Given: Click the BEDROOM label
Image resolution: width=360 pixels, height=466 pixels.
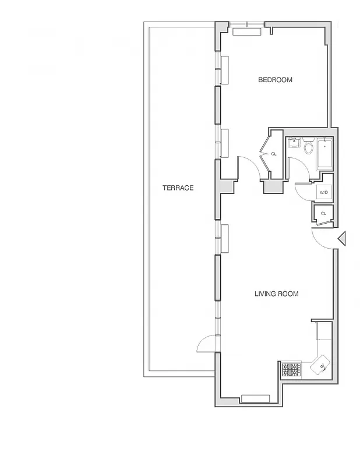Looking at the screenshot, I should click(275, 80).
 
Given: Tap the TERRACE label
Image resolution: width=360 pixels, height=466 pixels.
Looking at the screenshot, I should click(178, 188).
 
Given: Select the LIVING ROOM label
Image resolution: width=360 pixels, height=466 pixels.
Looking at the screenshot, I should click(276, 294).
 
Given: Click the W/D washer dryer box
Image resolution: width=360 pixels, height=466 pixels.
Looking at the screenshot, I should click(323, 192).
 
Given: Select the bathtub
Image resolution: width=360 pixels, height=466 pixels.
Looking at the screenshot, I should click(324, 154).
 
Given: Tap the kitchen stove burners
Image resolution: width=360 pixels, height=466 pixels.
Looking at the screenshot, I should click(291, 369).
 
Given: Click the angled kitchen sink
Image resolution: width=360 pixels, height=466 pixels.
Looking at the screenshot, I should click(320, 366).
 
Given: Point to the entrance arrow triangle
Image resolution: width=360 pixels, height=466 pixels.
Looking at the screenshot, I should click(343, 238).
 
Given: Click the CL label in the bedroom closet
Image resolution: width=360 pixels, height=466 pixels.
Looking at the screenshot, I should click(274, 154).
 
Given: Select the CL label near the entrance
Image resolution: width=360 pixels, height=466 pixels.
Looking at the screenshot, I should click(323, 213).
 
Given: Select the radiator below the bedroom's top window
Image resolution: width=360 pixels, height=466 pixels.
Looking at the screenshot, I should click(247, 32).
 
